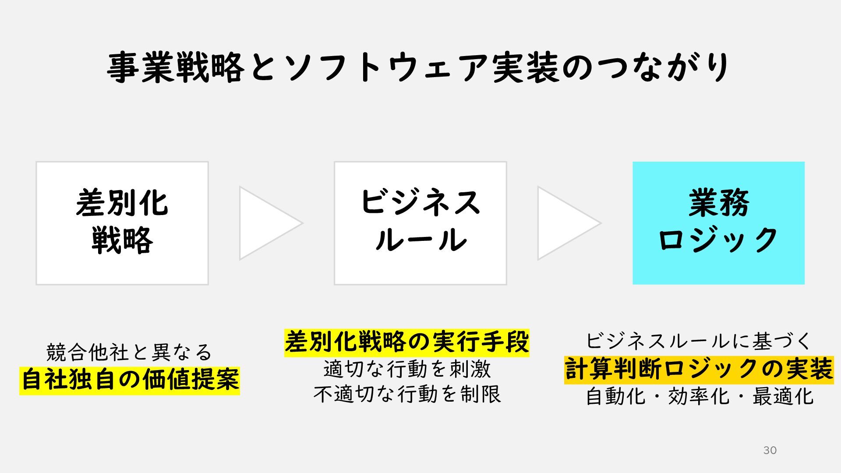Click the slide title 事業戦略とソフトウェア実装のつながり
[x=418, y=67]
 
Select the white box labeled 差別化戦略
[x=122, y=223]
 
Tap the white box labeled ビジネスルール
[x=420, y=223]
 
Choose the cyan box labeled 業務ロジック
[x=718, y=223]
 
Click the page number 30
[x=770, y=450]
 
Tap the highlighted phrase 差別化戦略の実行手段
[x=406, y=342]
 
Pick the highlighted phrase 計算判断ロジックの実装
[x=699, y=370]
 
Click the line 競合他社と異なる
[x=129, y=353]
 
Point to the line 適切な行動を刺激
[x=407, y=369]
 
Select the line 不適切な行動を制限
[x=407, y=394]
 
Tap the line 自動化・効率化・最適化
[x=700, y=397]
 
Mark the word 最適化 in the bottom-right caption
[x=783, y=397]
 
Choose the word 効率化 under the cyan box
[x=699, y=397]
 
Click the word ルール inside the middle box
[x=420, y=240]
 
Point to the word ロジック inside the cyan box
[x=718, y=240]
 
